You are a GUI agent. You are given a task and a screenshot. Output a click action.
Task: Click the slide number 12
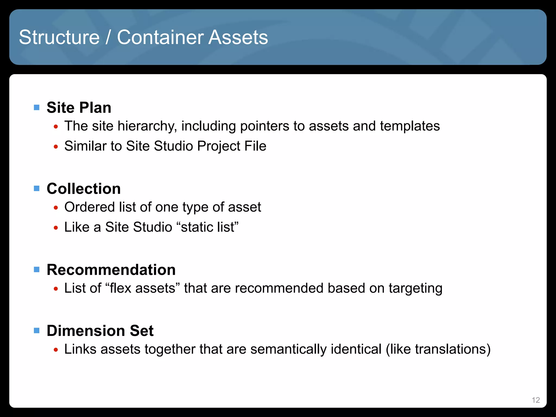point(536,400)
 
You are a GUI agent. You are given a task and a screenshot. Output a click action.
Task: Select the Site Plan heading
point(79,108)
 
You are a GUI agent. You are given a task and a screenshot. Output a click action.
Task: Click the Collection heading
point(84,189)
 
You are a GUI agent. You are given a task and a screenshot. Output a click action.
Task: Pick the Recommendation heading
point(111,270)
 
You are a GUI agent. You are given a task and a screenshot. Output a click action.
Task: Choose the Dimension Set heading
point(100,331)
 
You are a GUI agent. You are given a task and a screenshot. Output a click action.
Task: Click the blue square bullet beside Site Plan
point(37,108)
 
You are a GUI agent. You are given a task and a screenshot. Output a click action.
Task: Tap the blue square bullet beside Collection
point(37,188)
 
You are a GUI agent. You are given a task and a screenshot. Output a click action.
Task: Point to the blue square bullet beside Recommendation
point(37,270)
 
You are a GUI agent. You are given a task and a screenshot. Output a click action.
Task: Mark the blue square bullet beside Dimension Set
point(37,330)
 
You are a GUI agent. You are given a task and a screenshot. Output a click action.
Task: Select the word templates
point(410,126)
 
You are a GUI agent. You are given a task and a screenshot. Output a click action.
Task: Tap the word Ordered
point(90,207)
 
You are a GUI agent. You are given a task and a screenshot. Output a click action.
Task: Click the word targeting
point(415,288)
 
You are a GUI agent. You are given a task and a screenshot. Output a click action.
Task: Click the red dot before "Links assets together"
point(56,350)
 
